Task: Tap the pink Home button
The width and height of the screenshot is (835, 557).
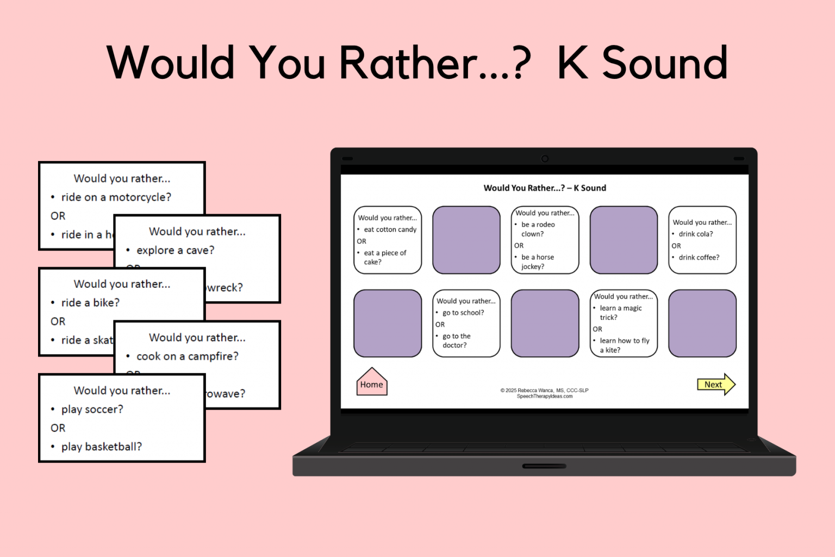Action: point(372,383)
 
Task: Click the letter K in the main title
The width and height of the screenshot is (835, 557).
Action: point(573,63)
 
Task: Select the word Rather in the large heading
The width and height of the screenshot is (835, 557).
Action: point(409,63)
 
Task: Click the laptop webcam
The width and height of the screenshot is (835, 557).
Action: point(545,159)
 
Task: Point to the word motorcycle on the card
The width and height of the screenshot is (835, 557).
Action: point(140,197)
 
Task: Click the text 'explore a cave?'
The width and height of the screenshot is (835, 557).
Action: point(175,250)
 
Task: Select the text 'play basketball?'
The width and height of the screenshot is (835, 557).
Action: point(101,447)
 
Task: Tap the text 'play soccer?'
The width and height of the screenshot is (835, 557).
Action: point(92,409)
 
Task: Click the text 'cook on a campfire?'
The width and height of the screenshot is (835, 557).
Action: point(187,356)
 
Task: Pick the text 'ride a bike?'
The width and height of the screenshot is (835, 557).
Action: point(90,302)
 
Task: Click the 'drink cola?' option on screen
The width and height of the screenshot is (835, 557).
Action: point(695,234)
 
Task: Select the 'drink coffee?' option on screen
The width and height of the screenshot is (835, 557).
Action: point(699,257)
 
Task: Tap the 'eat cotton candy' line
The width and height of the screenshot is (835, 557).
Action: point(390,230)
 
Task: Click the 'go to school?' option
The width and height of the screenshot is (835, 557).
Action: point(463,313)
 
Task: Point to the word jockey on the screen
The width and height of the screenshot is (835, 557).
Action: point(532,267)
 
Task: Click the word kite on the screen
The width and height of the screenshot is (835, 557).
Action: point(611,350)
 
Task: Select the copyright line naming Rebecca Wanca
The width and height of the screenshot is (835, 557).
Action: point(544,390)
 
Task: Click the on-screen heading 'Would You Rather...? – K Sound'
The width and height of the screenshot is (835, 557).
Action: point(545,188)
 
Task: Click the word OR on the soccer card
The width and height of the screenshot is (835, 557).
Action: point(58,428)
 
